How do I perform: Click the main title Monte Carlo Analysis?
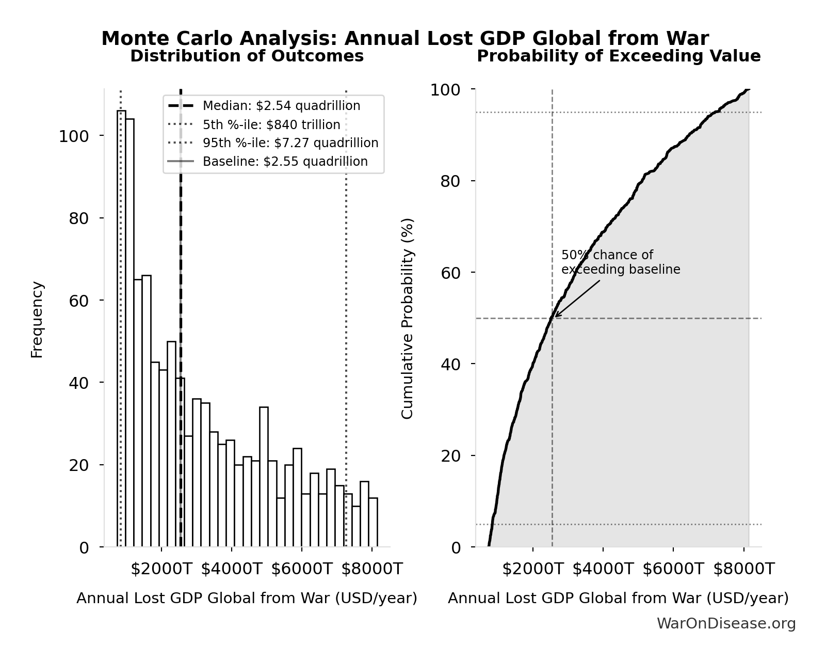tap(404, 39)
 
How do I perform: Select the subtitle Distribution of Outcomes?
tap(247, 56)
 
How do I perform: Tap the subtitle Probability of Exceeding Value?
tap(618, 56)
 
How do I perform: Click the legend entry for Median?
tap(281, 106)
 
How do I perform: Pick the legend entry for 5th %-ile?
tap(271, 125)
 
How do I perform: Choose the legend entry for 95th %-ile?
tap(290, 143)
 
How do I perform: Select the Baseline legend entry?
tap(285, 162)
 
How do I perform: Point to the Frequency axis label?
tap(37, 319)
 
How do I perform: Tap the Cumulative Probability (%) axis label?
tap(407, 319)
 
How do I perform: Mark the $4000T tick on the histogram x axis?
tap(231, 569)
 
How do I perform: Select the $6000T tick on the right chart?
tap(673, 569)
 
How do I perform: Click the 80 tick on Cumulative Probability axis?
tap(450, 181)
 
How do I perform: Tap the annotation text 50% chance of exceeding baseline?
tap(620, 262)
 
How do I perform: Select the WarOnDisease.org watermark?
tap(726, 624)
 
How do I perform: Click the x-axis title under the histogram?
tap(247, 599)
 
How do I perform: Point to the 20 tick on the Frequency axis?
tap(78, 465)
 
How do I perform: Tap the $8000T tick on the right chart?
tap(743, 569)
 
